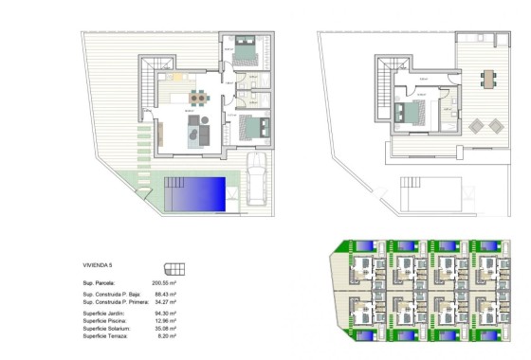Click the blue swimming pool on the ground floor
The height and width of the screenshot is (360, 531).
195,194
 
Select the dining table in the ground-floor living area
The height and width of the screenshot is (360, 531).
196,96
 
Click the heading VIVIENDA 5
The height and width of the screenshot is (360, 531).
98,266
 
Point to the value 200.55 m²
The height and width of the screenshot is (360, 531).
165,282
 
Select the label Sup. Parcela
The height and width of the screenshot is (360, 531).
100,282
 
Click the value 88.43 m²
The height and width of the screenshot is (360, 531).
166,296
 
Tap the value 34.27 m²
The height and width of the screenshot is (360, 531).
166,303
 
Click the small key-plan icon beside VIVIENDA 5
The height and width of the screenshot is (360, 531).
173,267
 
